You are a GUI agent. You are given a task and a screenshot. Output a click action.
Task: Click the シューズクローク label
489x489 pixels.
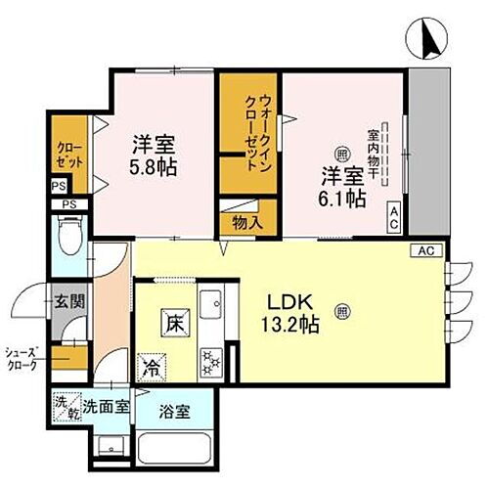click(x=21, y=359)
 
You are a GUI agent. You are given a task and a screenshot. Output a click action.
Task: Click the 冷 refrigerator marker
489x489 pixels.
click(x=152, y=369)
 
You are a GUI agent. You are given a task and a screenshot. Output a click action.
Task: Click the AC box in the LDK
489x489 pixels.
click(x=425, y=251)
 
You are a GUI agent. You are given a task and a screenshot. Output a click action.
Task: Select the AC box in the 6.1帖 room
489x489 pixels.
click(x=393, y=218)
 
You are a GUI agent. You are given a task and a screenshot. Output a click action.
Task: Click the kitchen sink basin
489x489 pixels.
click(x=211, y=311)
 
